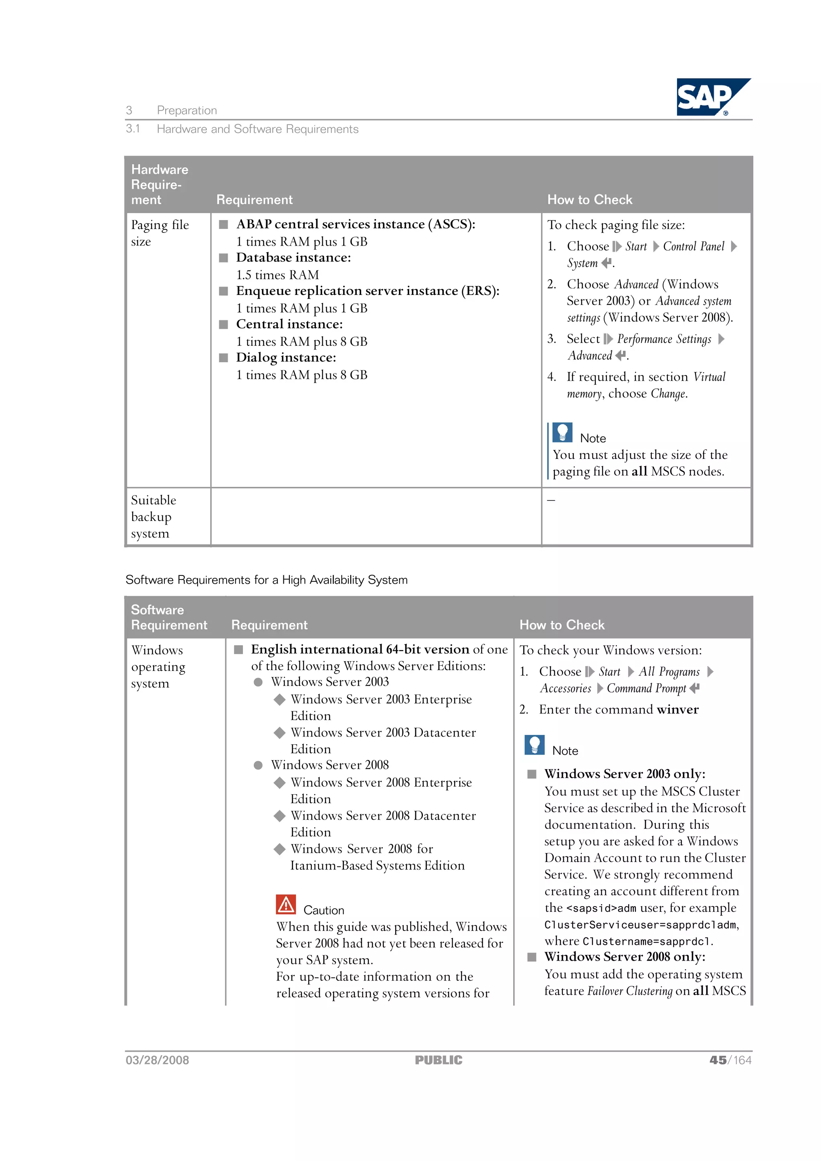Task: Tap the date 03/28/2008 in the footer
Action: [x=157, y=1060]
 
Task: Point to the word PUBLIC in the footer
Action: [x=438, y=1060]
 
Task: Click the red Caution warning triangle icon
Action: [x=286, y=905]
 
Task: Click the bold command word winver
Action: [x=677, y=709]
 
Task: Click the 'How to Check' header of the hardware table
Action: [x=589, y=200]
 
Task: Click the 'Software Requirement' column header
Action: [x=168, y=618]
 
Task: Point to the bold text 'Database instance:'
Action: [x=293, y=258]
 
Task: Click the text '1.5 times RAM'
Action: [x=277, y=275]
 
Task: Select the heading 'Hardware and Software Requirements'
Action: [x=257, y=129]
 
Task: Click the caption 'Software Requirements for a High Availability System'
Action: [x=266, y=580]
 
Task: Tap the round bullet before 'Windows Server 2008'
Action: [x=258, y=765]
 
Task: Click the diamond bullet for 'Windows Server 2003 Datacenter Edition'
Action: [x=279, y=733]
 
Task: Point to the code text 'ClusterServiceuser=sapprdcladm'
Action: [x=641, y=925]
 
